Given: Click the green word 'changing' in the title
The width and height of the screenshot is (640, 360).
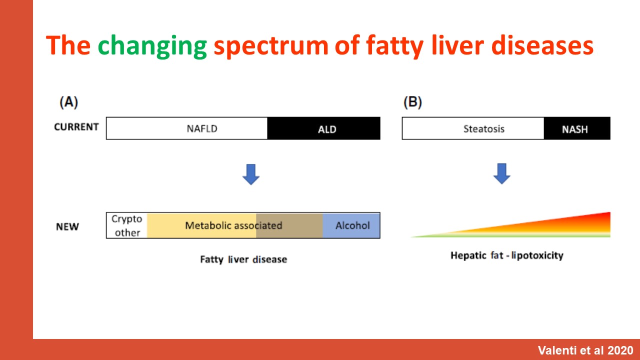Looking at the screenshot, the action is tap(152, 46).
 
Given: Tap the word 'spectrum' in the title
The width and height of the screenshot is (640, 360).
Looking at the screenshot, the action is tap(271, 47).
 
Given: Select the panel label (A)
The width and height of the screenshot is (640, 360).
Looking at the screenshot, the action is tap(68, 102).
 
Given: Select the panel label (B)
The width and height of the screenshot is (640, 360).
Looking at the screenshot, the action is tap(412, 102).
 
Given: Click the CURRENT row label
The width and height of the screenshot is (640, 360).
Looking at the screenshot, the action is tap(76, 127).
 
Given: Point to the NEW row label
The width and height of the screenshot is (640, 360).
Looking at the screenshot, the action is tap(67, 226).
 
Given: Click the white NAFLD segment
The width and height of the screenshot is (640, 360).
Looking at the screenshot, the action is tap(187, 128).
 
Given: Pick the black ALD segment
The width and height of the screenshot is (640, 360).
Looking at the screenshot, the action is tap(323, 128).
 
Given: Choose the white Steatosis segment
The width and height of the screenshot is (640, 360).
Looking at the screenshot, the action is tap(473, 128).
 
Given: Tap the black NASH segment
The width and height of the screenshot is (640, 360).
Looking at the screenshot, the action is tap(577, 128).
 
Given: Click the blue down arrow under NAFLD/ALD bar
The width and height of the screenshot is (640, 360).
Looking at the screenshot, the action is tap(251, 174).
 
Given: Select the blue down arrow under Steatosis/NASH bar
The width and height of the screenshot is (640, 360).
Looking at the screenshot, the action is tap(501, 173).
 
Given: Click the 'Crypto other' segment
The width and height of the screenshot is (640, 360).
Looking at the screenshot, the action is tap(127, 225).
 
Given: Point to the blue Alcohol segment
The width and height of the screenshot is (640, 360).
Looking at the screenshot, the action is tap(351, 225).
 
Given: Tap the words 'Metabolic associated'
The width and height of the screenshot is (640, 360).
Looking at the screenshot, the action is tap(233, 225).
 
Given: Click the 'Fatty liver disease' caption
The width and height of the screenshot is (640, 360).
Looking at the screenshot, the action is tap(243, 259).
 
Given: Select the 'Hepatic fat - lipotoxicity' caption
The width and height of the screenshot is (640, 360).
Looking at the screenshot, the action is tap(507, 255).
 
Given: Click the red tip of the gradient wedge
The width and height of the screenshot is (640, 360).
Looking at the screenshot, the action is tap(609, 213).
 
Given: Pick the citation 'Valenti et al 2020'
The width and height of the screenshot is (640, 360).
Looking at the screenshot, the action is tap(585, 350).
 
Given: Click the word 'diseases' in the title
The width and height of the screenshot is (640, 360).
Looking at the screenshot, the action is tap(542, 46).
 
